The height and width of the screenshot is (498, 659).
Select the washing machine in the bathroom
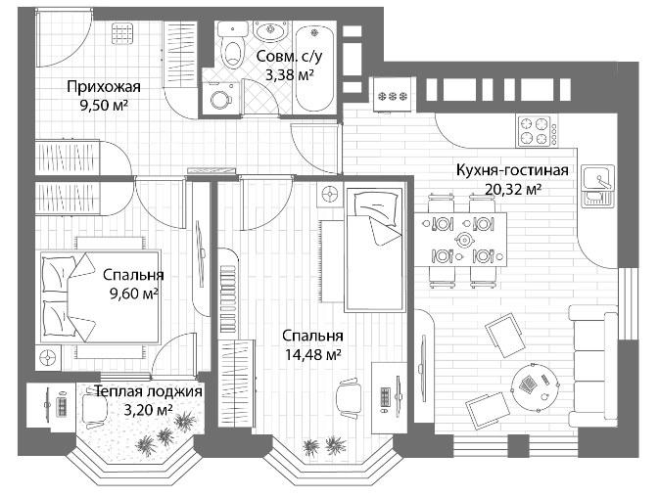tap(218, 98)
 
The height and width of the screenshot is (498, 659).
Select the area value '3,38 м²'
tap(291, 74)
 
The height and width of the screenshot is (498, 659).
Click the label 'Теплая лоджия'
tap(149, 391)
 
